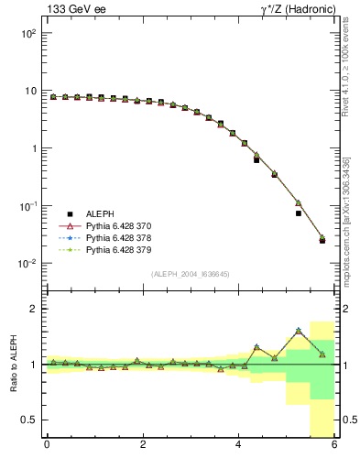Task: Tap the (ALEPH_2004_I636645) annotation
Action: coord(190,273)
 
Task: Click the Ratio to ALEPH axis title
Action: coord(13,365)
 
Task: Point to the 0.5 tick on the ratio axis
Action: coord(28,420)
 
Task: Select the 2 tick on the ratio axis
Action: coord(32,309)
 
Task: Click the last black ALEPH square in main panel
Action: coord(322,241)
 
